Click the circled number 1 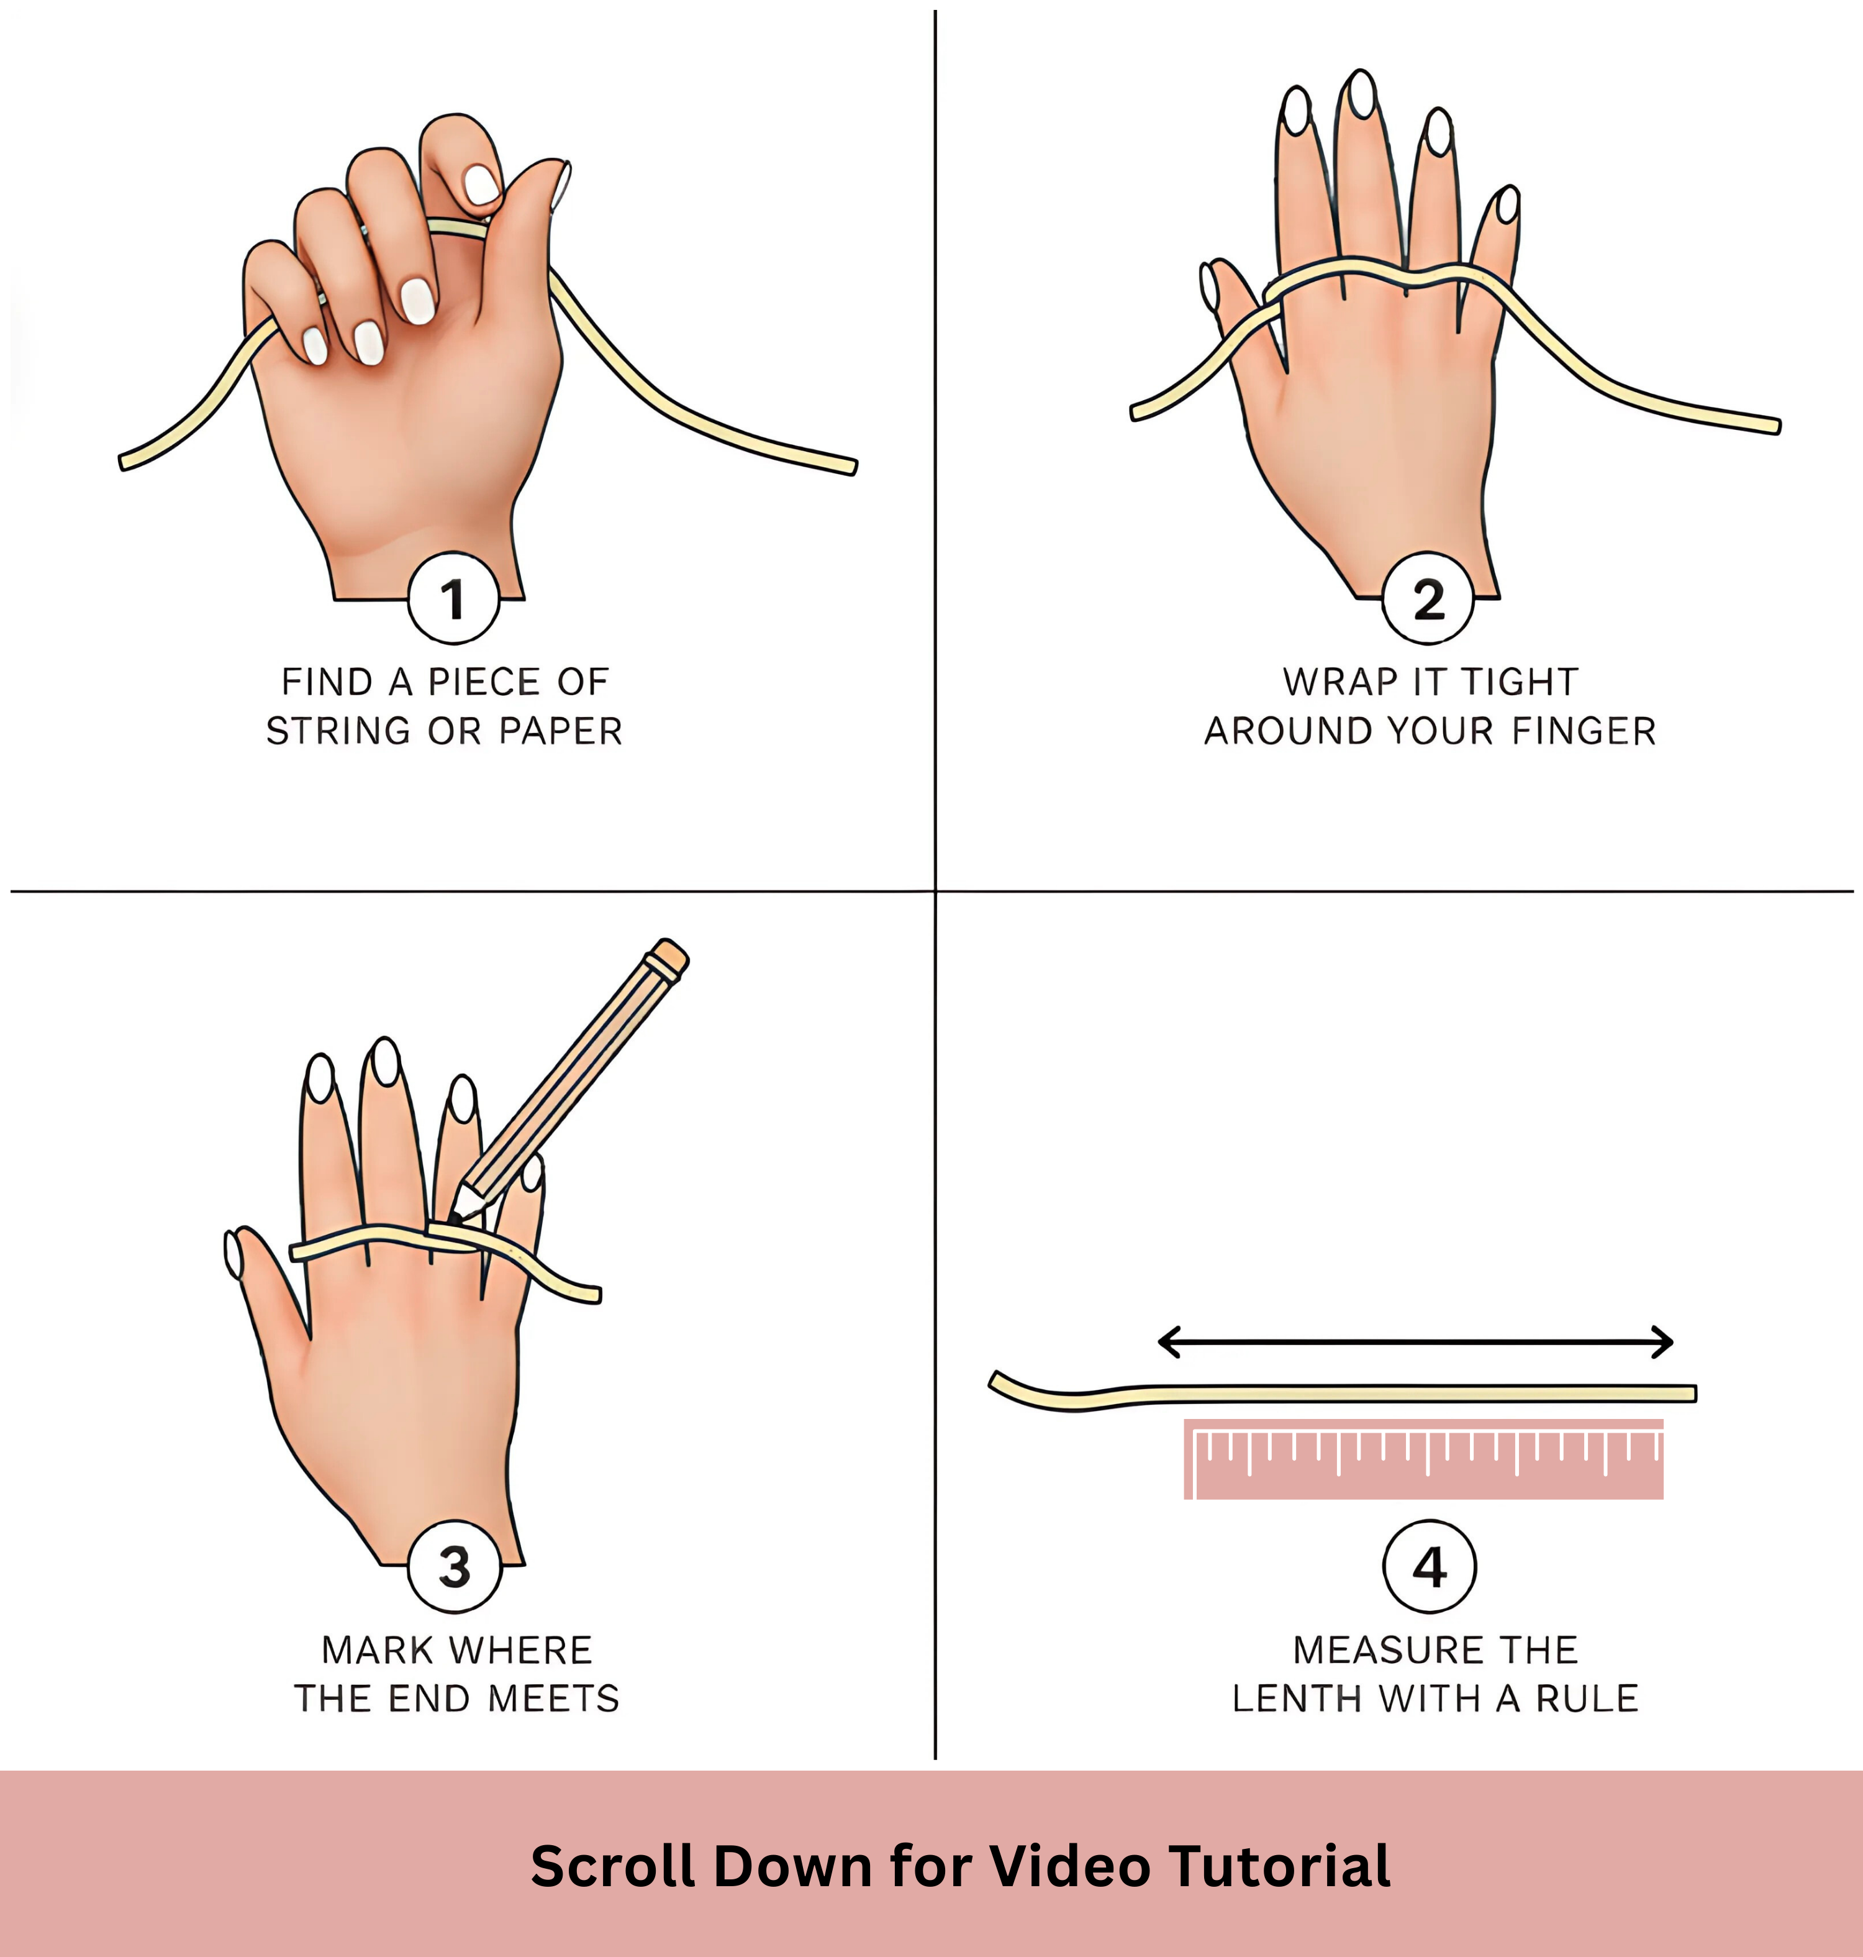(x=453, y=598)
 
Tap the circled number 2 (x=1428, y=598)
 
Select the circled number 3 (x=454, y=1567)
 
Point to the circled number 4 (x=1429, y=1567)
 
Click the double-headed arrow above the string (x=1415, y=1342)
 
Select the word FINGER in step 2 (x=1584, y=731)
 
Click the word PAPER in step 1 (x=560, y=731)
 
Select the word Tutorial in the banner (x=1279, y=1866)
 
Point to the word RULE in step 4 (x=1587, y=1699)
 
